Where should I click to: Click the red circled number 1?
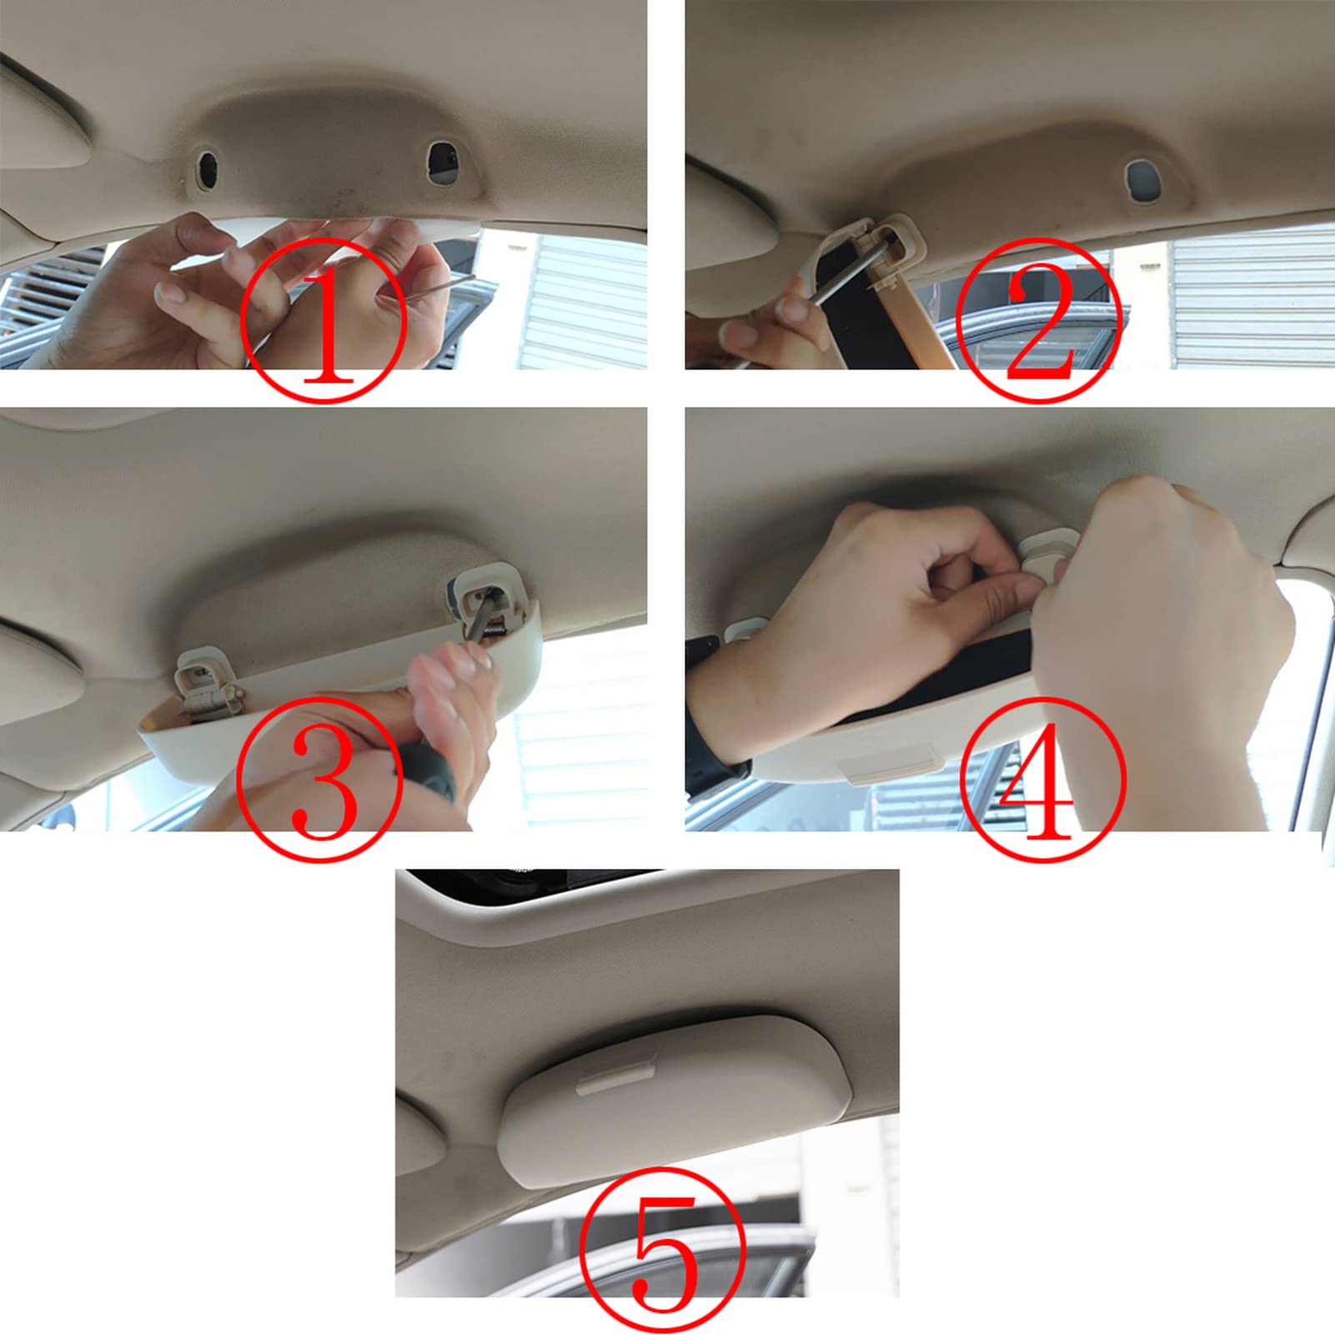click(x=324, y=320)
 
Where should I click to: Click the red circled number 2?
click(x=1038, y=320)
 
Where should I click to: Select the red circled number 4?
click(x=1042, y=780)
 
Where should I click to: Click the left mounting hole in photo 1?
click(x=206, y=168)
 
